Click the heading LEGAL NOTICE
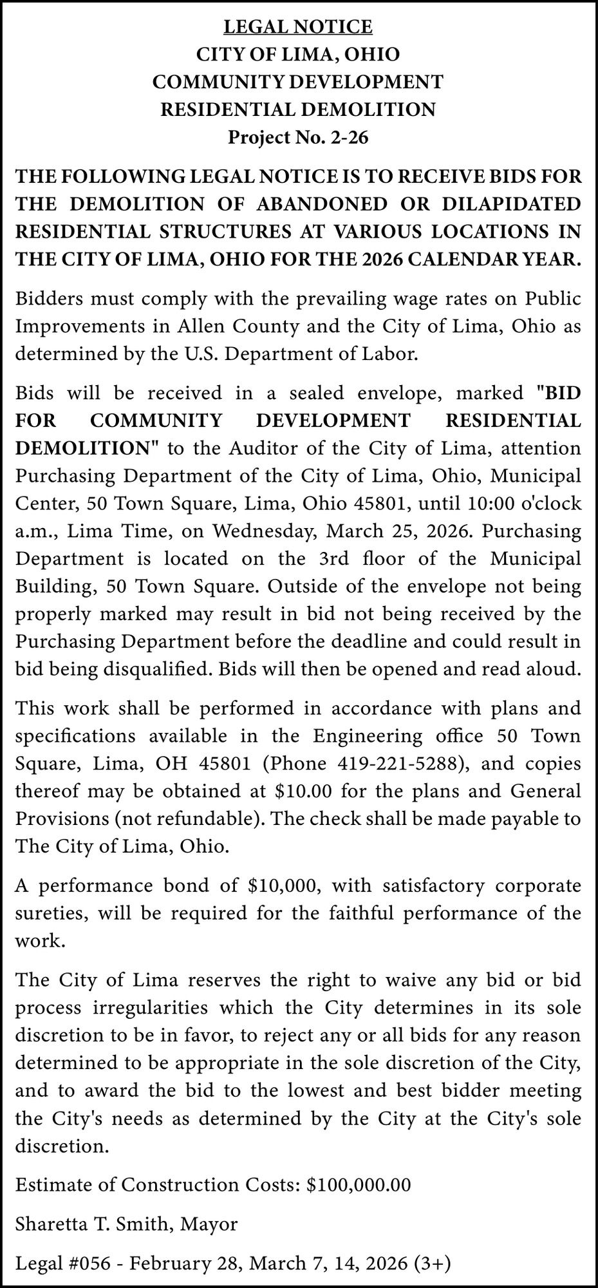tap(298, 27)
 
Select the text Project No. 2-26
tap(298, 138)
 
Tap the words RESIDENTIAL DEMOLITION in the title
tap(298, 110)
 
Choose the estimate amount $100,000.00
tap(359, 1185)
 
